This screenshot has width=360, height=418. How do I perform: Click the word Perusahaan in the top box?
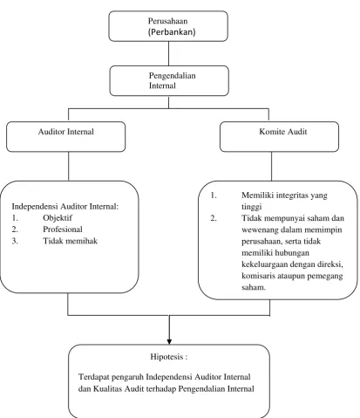(167, 21)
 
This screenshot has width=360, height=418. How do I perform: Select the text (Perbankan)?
(172, 31)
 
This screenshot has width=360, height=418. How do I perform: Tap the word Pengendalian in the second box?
(173, 76)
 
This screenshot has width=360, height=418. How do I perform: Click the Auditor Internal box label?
(66, 132)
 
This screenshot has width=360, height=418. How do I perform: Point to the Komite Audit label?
(283, 132)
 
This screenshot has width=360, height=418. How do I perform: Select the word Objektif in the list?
(58, 218)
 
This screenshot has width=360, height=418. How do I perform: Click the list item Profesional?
(63, 230)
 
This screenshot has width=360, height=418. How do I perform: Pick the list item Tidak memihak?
(71, 241)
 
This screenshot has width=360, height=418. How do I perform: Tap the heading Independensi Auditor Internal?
(65, 207)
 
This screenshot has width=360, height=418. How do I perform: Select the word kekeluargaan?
(264, 264)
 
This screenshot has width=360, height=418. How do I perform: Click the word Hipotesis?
(166, 357)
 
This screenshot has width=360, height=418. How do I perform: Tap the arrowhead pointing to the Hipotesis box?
(169, 342)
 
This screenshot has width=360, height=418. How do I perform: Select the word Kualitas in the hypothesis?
(108, 389)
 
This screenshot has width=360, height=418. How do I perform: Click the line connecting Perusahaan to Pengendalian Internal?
(169, 53)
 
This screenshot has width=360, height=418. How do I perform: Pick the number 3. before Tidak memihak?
(15, 241)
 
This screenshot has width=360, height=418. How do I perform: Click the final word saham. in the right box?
(254, 287)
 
